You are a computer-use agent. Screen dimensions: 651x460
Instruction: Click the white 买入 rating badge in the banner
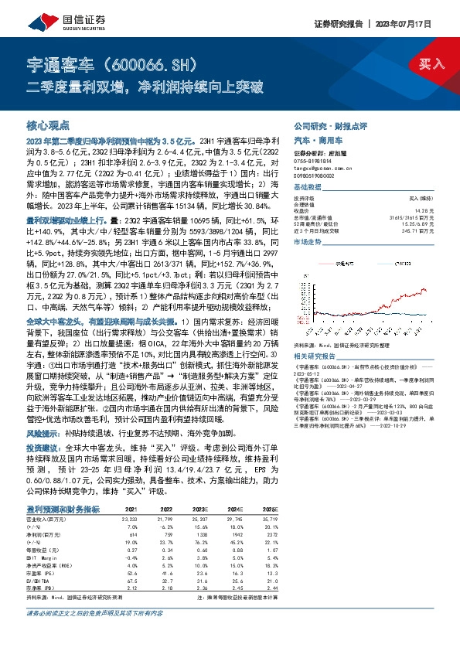point(430,64)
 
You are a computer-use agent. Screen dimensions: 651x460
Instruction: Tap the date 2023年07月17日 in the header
point(414,24)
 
